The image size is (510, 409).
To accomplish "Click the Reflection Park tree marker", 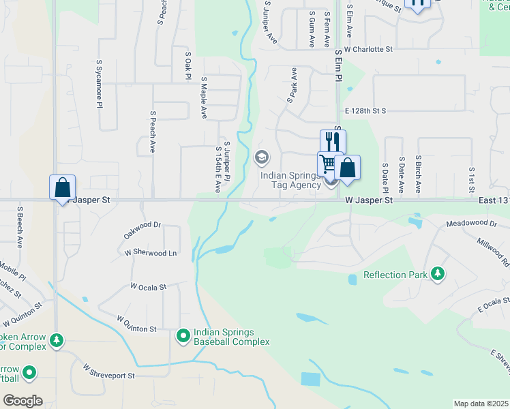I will pos(438,275).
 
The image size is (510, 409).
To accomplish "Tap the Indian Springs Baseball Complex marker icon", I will pos(183,335).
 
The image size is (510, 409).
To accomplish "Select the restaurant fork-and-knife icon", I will pos(333,142).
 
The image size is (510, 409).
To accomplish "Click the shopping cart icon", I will pos(328,164).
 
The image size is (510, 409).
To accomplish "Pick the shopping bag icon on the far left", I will pos(62,187).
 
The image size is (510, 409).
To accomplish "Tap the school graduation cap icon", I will pos(260,158).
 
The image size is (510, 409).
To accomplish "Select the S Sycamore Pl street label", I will pos(100,84).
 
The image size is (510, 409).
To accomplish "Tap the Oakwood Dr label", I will pos(142,224).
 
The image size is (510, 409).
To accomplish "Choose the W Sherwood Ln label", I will pos(151,252).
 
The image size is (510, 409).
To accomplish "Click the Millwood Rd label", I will pos(494,252).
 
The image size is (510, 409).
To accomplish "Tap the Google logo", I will pos(22,401).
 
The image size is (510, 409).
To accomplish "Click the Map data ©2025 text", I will pos(481,404).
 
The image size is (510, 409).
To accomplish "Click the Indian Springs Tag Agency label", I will pos(290,180).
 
